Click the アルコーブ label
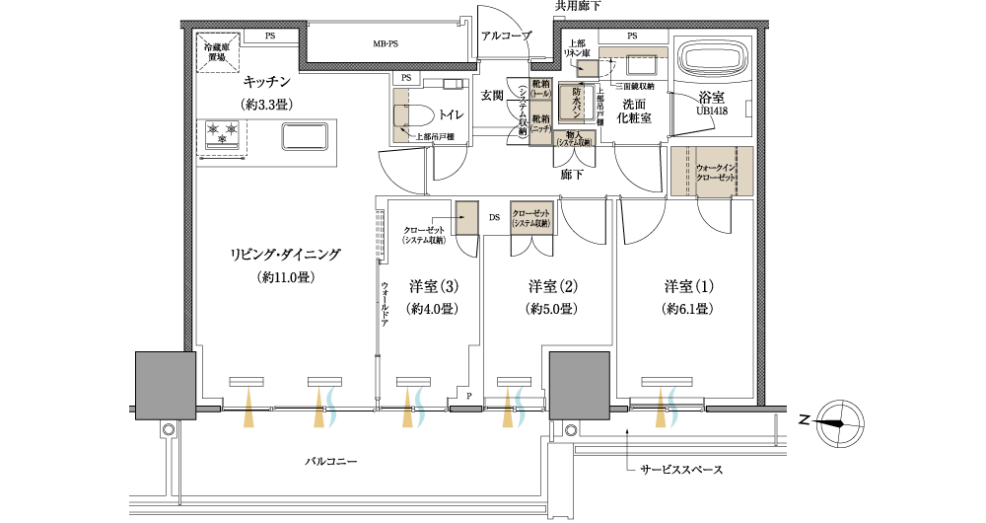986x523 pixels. tap(506, 37)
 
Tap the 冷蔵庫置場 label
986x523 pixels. tap(217, 51)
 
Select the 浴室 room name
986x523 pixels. tap(711, 99)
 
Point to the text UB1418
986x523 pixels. tap(711, 112)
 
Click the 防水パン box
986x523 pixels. tap(573, 101)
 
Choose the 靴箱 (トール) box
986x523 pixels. tap(540, 89)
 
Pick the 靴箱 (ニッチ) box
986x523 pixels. tap(540, 123)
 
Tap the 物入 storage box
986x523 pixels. tap(573, 139)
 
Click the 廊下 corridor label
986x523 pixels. tap(571, 175)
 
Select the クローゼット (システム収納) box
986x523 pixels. tap(531, 219)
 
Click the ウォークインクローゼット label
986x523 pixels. tap(716, 171)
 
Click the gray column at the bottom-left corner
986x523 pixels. tap(165, 385)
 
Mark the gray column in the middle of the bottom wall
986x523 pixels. tap(579, 385)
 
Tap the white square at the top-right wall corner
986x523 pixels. tap(779, 24)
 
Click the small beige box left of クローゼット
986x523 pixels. tap(467, 218)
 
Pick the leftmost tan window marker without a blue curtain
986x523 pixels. tap(248, 406)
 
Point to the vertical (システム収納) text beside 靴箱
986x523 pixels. tap(522, 111)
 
